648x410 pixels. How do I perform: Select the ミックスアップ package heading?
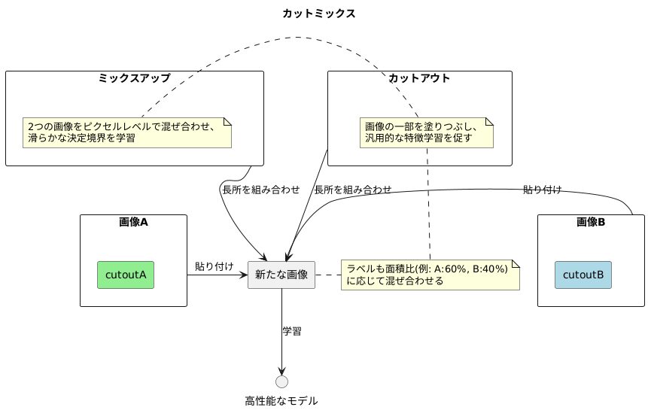tap(134, 78)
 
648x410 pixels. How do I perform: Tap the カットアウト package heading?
tap(419, 78)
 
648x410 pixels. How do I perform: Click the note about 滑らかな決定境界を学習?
tap(126, 132)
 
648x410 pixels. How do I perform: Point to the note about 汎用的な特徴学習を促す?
tap(426, 132)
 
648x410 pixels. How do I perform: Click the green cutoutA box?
tap(126, 275)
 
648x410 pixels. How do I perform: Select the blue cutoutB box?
tap(583, 275)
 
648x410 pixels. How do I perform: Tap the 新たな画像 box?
tap(281, 275)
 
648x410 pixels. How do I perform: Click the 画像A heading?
tap(133, 222)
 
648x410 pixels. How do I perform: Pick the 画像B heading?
tap(591, 222)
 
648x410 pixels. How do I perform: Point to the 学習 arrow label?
tap(292, 331)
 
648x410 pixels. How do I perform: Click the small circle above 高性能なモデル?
tap(281, 381)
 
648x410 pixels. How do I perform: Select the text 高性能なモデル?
tap(281, 401)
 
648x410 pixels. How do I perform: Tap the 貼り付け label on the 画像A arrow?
tap(214, 266)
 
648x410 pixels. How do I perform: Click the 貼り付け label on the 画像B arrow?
tap(543, 190)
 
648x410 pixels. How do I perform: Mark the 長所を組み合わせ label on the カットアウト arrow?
tap(352, 190)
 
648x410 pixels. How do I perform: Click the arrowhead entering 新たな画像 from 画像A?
tap(243, 275)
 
